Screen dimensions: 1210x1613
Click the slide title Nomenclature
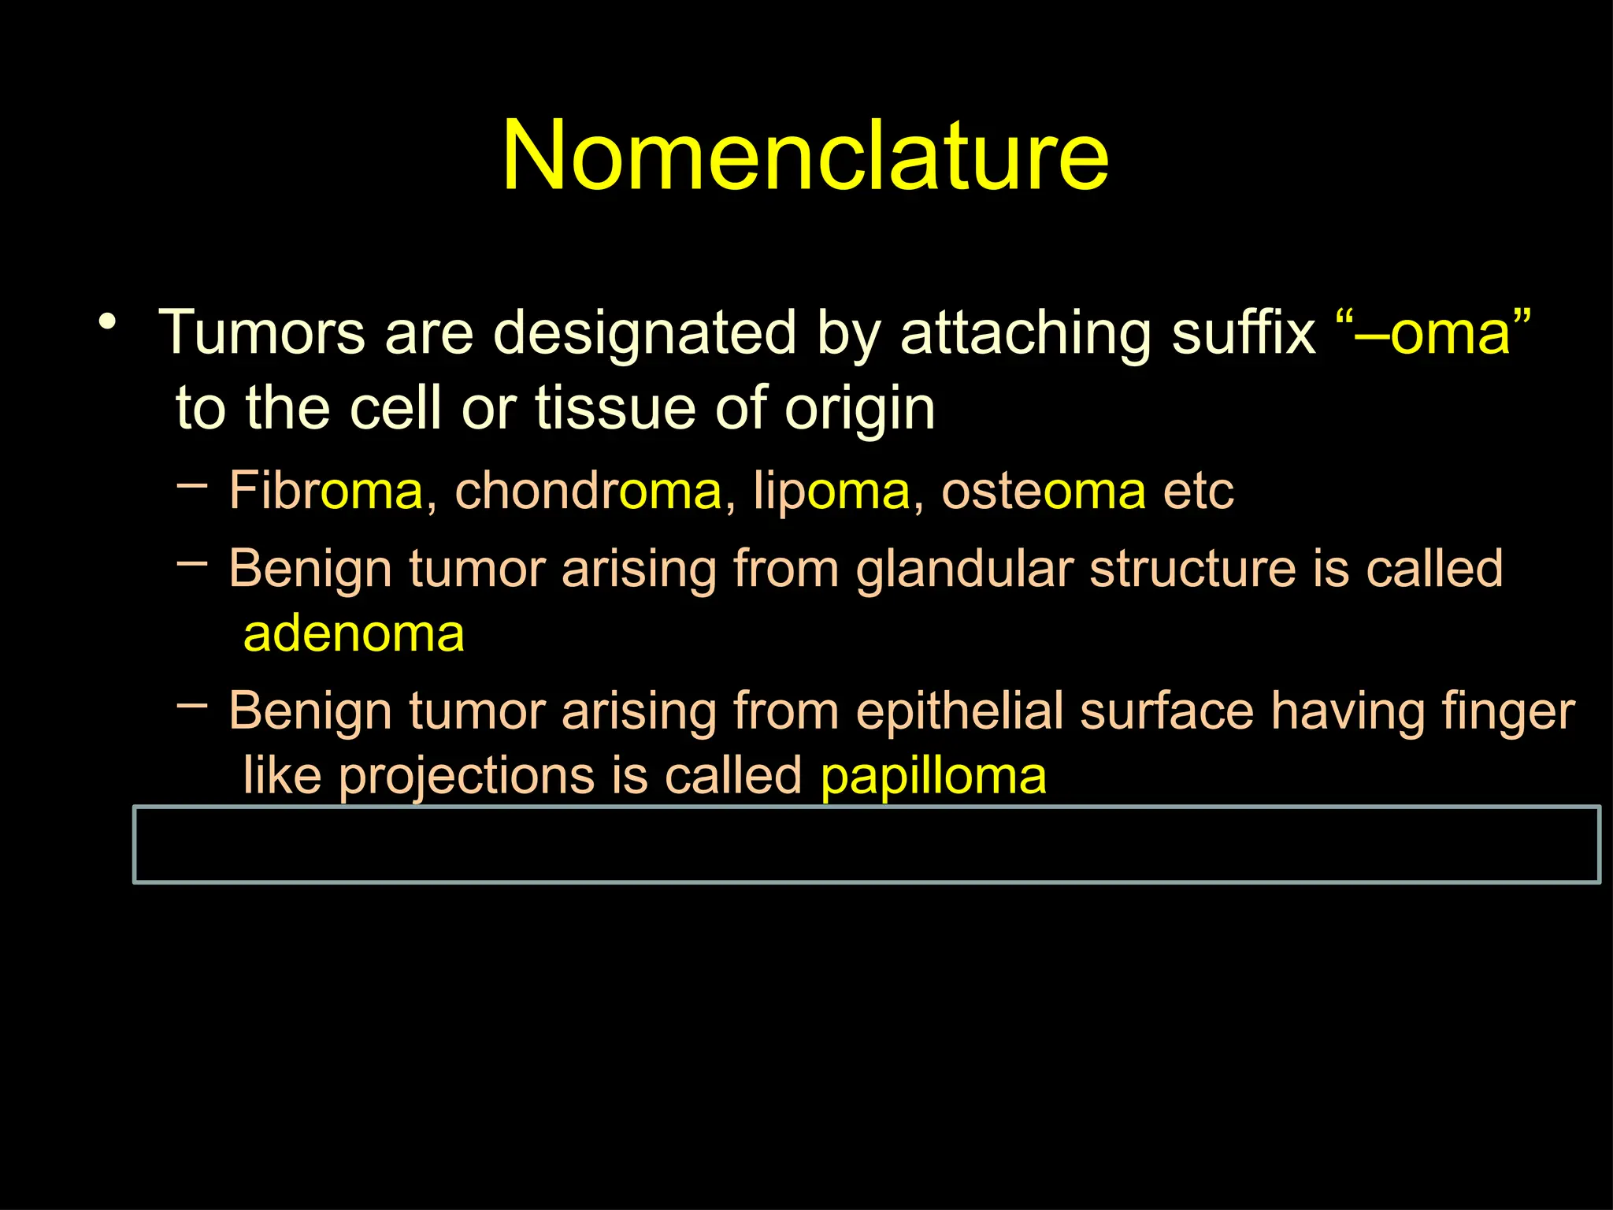point(806,154)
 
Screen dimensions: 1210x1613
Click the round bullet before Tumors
point(108,322)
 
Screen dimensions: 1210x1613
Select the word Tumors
point(261,332)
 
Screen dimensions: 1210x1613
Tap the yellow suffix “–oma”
point(1433,332)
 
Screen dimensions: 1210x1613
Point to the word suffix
point(1243,332)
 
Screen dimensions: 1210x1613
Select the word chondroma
point(588,491)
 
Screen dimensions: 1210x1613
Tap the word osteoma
point(1044,491)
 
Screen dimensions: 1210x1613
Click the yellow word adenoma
point(354,634)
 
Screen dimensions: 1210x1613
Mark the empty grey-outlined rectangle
point(866,844)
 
